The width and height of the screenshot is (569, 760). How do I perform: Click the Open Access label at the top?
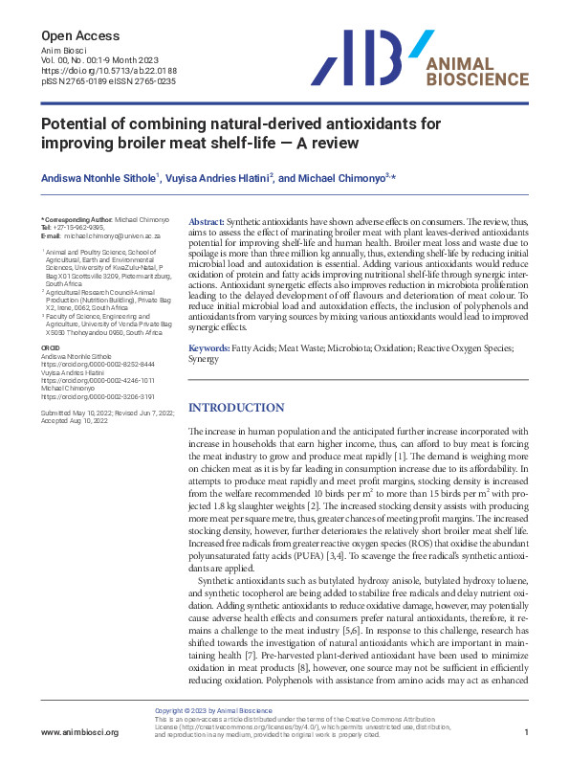tap(80, 35)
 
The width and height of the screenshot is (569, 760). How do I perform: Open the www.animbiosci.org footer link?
tap(79, 732)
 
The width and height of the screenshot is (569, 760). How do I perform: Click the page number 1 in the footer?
tap(527, 732)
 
